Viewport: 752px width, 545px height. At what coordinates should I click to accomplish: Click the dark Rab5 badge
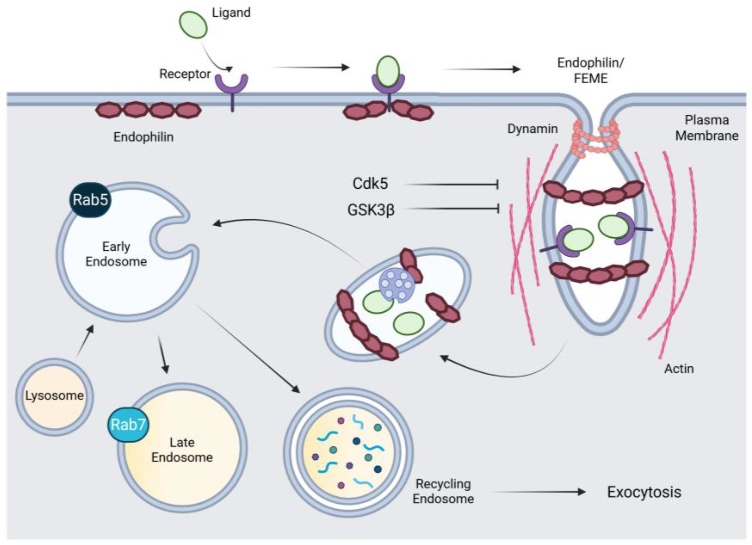coord(90,200)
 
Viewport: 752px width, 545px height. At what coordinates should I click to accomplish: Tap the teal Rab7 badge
coord(128,425)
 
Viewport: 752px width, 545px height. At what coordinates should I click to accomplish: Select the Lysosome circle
coord(54,397)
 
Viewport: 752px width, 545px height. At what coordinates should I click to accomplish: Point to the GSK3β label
coord(371,210)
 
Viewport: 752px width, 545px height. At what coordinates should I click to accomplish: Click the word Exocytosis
coord(644,492)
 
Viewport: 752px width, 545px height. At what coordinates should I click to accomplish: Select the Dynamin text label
coord(533,129)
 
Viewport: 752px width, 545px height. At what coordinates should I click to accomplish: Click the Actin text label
coord(679,369)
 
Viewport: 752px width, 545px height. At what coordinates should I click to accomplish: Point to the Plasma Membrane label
coord(707,128)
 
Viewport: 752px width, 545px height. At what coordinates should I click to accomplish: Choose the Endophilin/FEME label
coord(590,71)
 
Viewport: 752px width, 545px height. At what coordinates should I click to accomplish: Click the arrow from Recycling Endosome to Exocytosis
coord(539,492)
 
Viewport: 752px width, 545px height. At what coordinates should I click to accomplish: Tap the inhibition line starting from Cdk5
coord(451,184)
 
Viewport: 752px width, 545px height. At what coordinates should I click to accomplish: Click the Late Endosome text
coord(182,450)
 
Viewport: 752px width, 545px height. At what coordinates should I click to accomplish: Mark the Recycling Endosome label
coord(443,491)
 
